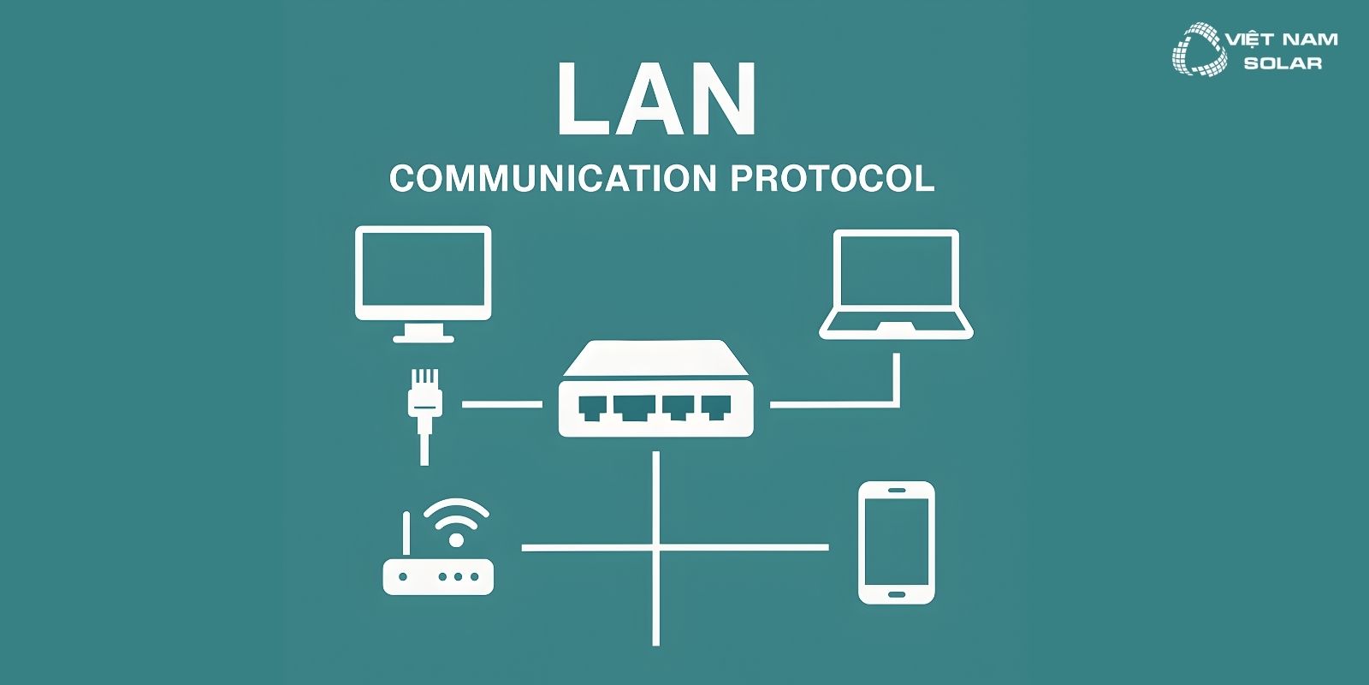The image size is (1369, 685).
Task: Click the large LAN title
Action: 656,100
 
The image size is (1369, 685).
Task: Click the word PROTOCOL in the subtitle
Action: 832,179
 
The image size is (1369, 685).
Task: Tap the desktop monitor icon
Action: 423,274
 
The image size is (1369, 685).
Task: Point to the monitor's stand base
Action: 423,337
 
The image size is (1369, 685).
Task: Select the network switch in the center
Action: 655,390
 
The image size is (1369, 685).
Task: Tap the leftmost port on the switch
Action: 592,408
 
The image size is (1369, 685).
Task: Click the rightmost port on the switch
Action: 715,408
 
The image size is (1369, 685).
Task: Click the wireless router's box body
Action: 438,576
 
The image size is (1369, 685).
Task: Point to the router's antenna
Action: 406,535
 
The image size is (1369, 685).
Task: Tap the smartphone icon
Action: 896,542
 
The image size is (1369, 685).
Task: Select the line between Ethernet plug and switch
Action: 501,403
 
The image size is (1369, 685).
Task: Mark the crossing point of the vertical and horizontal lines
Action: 656,547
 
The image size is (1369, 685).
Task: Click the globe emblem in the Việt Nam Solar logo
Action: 1196,50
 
